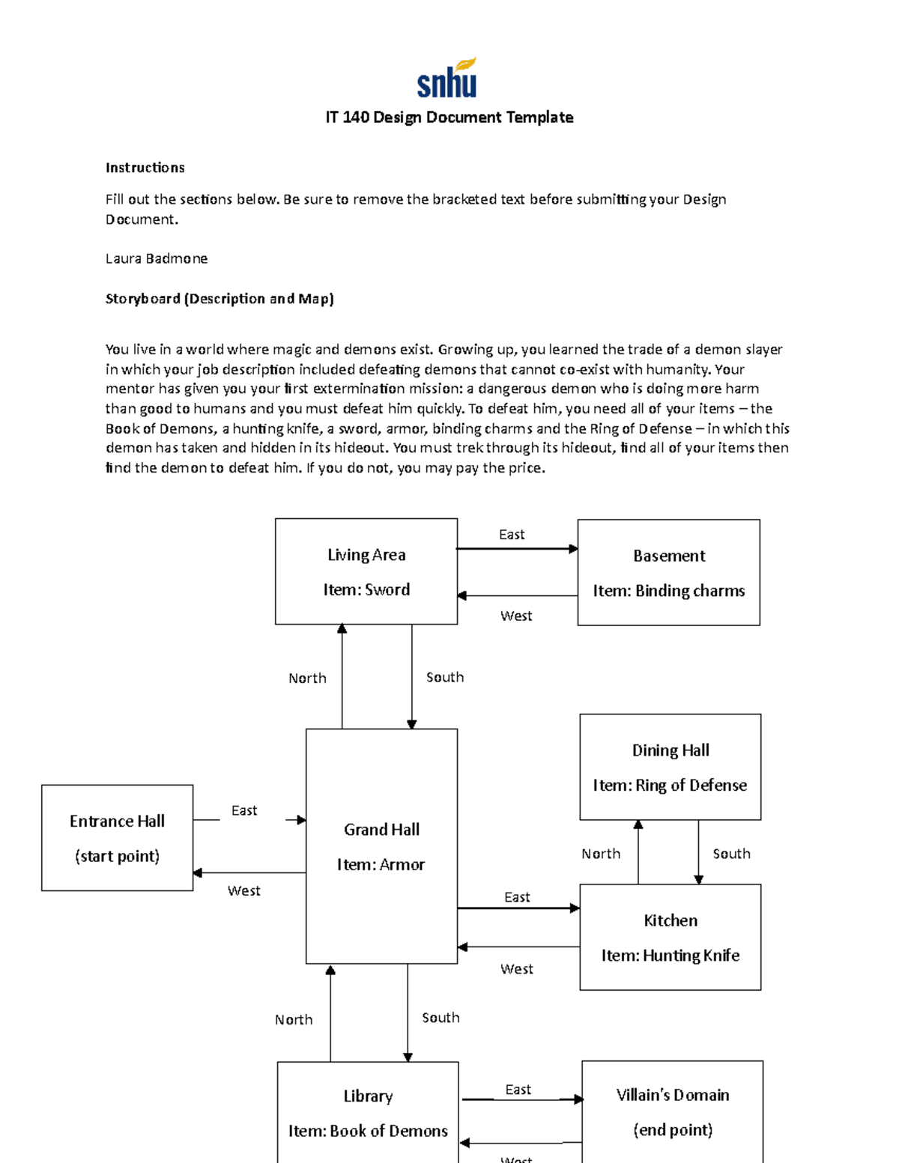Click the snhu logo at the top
click(x=447, y=78)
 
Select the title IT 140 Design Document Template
click(x=449, y=118)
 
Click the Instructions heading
click(x=145, y=168)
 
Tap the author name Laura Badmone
click(x=156, y=258)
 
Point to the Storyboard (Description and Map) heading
click(x=220, y=299)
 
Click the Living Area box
click(x=366, y=571)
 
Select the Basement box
click(x=668, y=572)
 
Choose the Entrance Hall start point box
click(x=117, y=837)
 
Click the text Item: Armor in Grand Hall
click(x=381, y=865)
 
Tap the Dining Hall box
click(x=670, y=766)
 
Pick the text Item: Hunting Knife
click(x=670, y=956)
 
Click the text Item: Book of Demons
click(x=368, y=1131)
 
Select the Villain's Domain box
click(x=672, y=1112)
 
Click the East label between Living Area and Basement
click(x=512, y=535)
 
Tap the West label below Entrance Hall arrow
click(x=243, y=891)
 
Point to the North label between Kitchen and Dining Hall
click(x=601, y=854)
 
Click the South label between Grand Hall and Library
click(x=441, y=1018)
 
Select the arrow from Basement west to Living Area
click(x=517, y=596)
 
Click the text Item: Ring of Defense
click(x=670, y=786)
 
